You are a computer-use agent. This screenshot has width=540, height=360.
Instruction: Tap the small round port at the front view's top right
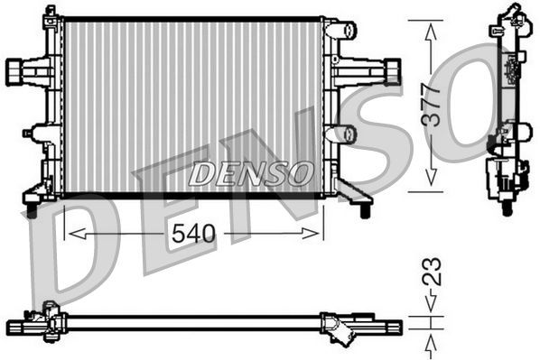pos(344,30)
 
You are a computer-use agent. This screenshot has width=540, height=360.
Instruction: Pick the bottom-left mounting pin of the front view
pos(33,210)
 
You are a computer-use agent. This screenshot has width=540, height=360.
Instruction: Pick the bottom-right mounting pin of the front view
pos(364,210)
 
